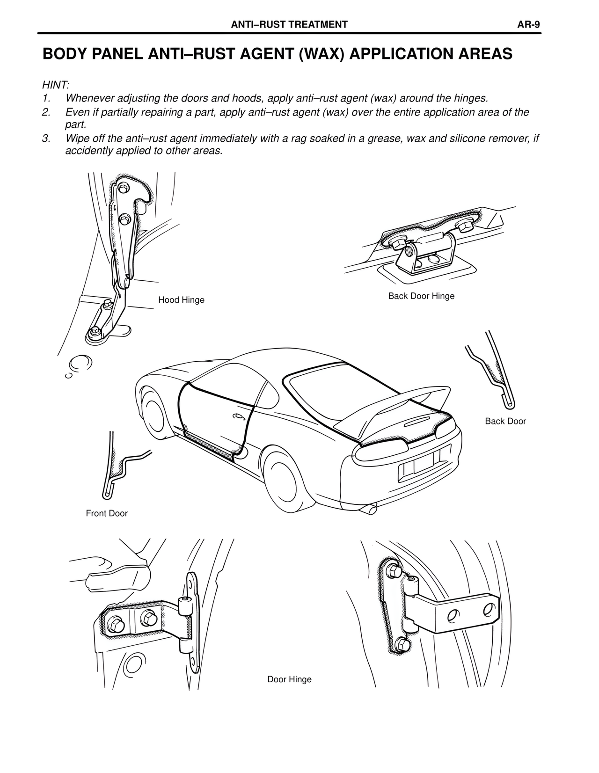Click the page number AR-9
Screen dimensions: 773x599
pyautogui.click(x=529, y=25)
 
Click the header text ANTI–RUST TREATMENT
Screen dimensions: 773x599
pyautogui.click(x=290, y=25)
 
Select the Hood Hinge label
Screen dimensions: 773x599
pyautogui.click(x=181, y=300)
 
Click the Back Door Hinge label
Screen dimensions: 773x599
pyautogui.click(x=421, y=296)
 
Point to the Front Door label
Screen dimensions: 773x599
pyautogui.click(x=107, y=513)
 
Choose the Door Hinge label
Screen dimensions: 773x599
pyautogui.click(x=289, y=679)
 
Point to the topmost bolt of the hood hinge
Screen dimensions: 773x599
pyautogui.click(x=124, y=188)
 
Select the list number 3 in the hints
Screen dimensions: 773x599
pyautogui.click(x=45, y=139)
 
